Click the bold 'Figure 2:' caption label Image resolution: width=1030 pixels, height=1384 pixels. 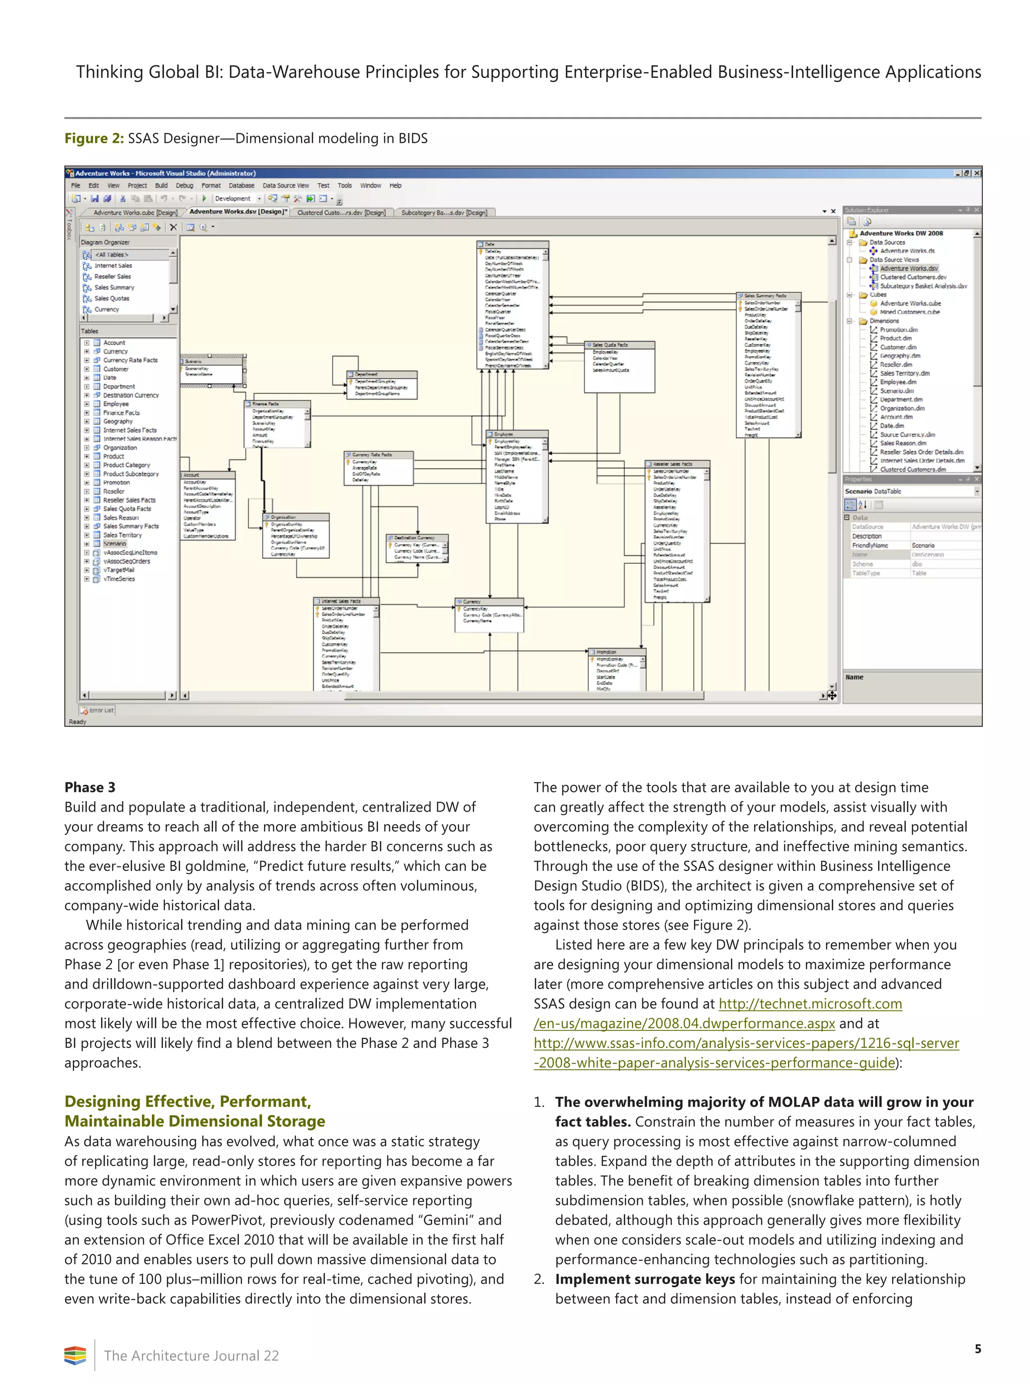point(94,138)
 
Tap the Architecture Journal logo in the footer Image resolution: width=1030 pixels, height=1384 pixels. point(75,1355)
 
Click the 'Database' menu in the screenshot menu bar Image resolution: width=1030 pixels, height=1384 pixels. point(241,186)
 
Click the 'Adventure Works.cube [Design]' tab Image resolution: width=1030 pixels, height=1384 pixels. point(135,213)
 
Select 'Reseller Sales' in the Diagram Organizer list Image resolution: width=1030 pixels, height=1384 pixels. point(112,277)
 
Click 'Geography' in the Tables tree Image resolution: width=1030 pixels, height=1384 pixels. point(118,421)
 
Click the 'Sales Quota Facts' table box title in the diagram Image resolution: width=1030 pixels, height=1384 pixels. point(611,345)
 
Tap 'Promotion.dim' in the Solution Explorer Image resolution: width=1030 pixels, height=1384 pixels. point(898,330)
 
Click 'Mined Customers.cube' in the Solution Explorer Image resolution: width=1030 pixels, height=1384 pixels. point(910,312)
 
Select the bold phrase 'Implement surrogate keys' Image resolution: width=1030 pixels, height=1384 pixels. point(645,1279)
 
